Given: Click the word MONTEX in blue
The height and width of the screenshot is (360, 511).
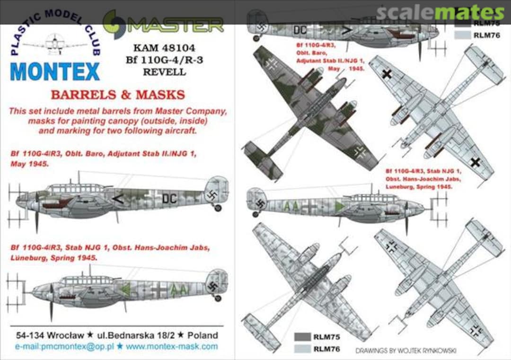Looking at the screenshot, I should pyautogui.click(x=54, y=71).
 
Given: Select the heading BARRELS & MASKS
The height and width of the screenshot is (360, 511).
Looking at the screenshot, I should pyautogui.click(x=117, y=95).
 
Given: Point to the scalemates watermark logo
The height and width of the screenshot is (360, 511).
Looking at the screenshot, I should pyautogui.click(x=440, y=13).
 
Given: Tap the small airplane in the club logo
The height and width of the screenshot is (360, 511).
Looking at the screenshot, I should pyautogui.click(x=54, y=44).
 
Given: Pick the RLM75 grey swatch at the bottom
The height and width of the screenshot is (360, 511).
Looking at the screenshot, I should pyautogui.click(x=302, y=337).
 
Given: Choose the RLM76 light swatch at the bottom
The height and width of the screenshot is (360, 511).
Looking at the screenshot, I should pyautogui.click(x=302, y=349).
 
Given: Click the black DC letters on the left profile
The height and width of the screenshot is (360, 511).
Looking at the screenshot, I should pyautogui.click(x=169, y=199).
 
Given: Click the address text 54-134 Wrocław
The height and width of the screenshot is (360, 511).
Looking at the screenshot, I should pyautogui.click(x=43, y=335).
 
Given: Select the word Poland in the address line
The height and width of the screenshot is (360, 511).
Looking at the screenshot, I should pyautogui.click(x=203, y=335).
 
